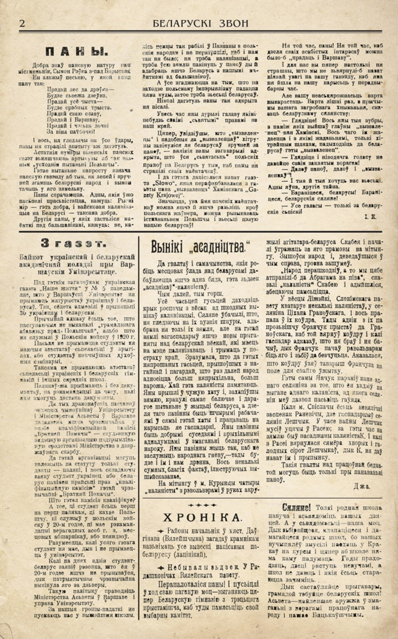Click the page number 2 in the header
22,24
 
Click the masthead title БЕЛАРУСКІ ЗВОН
201,23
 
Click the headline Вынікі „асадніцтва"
200,246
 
